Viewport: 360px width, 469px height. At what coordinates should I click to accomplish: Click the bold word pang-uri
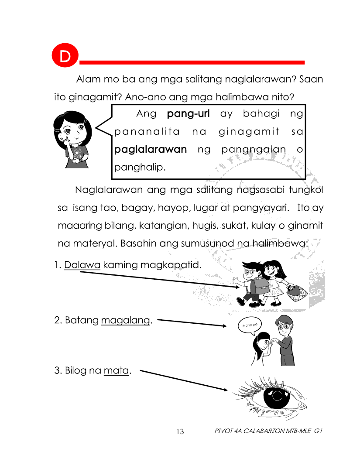[x=188, y=114]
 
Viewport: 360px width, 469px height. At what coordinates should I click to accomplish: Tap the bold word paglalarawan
[x=150, y=150]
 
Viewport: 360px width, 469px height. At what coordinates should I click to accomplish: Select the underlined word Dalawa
[x=82, y=265]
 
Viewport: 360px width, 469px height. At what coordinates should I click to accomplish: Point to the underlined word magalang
[x=125, y=321]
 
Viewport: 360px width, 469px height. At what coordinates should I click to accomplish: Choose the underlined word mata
[x=117, y=371]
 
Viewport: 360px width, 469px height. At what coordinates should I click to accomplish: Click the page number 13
[x=180, y=432]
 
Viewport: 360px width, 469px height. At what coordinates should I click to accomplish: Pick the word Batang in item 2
[x=82, y=321]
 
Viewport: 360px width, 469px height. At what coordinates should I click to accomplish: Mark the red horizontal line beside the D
[x=192, y=62]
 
